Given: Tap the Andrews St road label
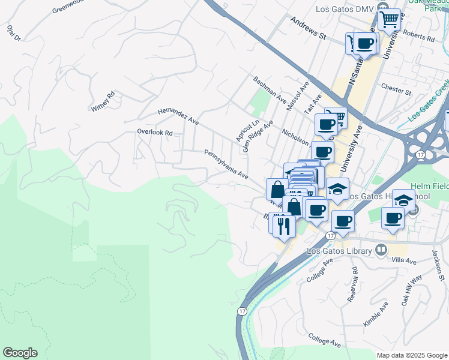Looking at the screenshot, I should [307, 28].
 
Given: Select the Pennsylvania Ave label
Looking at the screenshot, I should [226, 165].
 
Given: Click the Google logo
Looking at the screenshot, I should [20, 353].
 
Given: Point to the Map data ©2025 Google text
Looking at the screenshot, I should [411, 355].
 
